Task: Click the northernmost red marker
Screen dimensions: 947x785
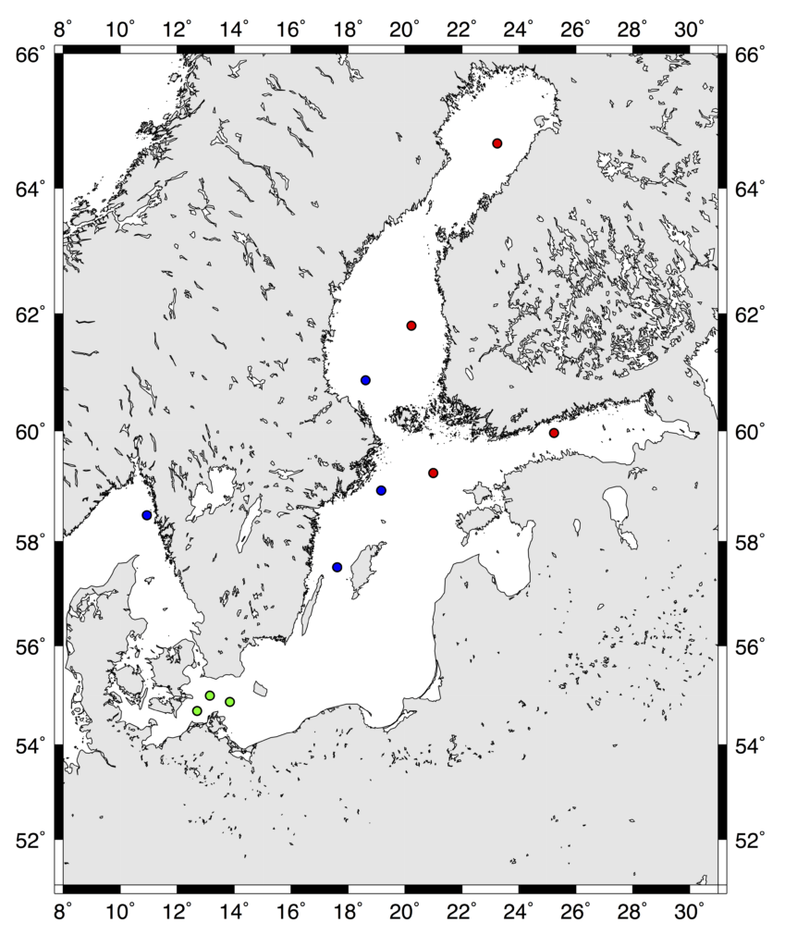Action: [x=497, y=143]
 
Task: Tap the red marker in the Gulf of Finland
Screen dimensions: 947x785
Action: [x=554, y=433]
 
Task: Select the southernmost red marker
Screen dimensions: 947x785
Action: [x=433, y=473]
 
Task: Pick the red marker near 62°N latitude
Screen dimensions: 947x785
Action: [x=411, y=326]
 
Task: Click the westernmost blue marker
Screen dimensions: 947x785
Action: [x=147, y=515]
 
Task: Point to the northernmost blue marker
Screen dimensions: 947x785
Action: [x=365, y=380]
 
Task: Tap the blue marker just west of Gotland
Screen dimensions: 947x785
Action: [x=337, y=567]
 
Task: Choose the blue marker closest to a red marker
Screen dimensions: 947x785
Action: [x=381, y=490]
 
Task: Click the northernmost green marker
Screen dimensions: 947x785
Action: [x=210, y=695]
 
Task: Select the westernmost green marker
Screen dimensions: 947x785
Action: [x=197, y=711]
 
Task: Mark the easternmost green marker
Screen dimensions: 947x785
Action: [x=230, y=702]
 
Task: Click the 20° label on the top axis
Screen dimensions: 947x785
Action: [x=406, y=28]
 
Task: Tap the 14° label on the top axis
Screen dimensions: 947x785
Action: [x=235, y=28]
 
